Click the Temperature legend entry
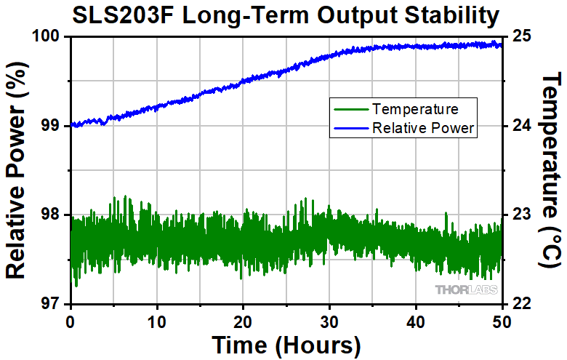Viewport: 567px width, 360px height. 414,110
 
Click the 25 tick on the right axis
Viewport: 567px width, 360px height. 523,36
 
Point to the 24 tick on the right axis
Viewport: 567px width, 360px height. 523,126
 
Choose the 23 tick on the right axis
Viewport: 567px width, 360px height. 523,215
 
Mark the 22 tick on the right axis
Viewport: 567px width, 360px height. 523,304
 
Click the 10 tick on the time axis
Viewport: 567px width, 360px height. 156,321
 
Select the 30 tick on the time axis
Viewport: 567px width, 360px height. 329,321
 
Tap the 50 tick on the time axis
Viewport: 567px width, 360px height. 502,321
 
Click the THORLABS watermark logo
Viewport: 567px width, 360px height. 467,290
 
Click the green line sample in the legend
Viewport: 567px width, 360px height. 350,110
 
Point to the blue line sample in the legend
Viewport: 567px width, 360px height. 350,128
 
